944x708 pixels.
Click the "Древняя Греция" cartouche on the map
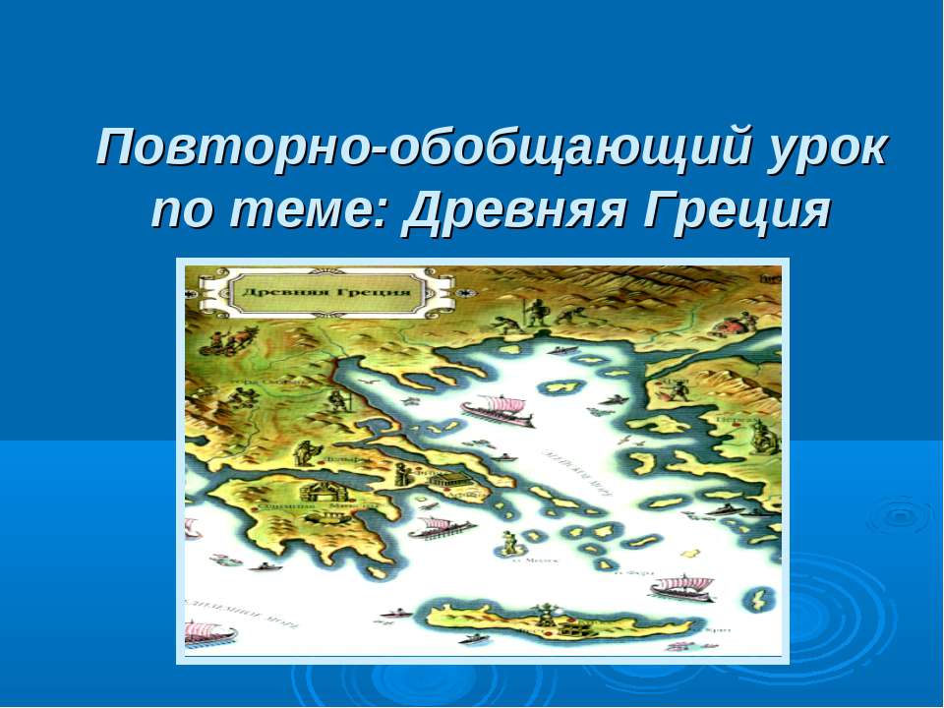[325, 293]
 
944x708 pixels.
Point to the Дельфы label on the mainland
[342, 459]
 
